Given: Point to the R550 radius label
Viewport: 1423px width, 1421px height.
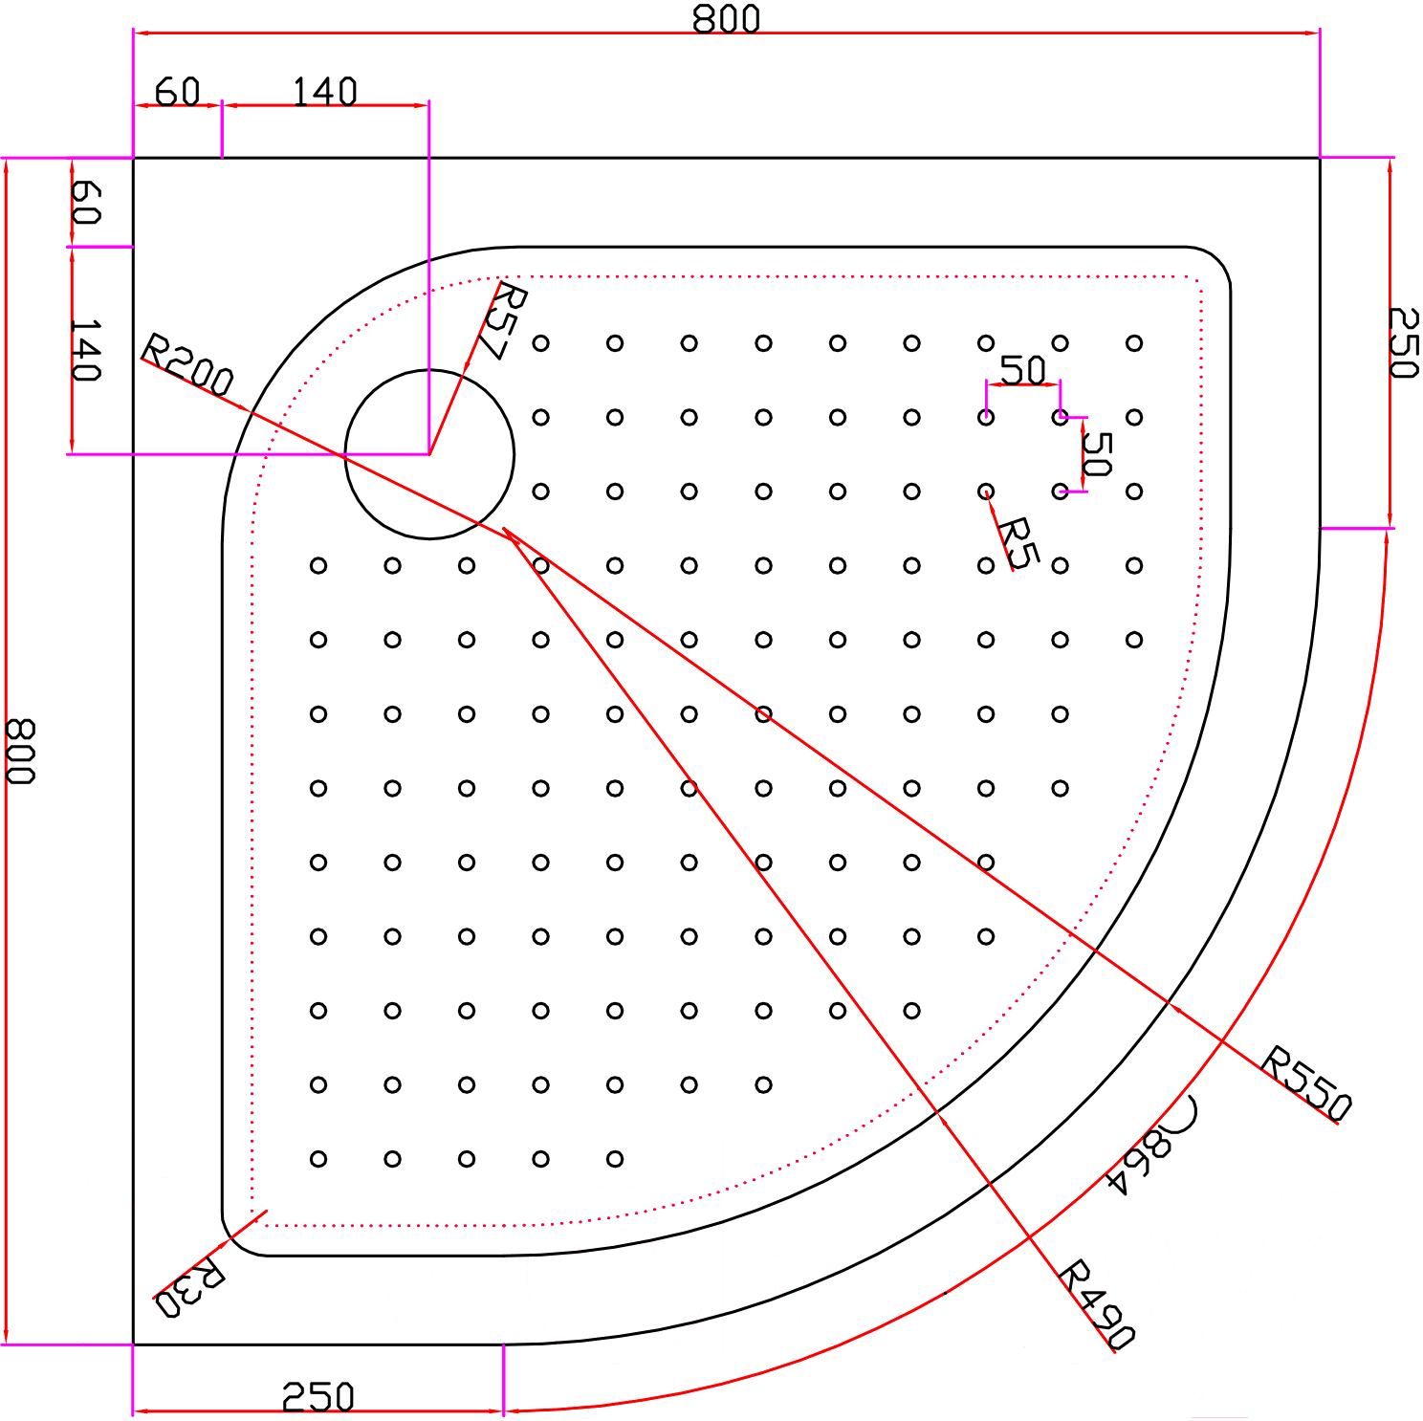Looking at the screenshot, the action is [1306, 1083].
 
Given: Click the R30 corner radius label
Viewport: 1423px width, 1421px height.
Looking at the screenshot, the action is [190, 1288].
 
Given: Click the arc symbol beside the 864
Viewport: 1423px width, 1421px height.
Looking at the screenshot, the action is [1186, 1112].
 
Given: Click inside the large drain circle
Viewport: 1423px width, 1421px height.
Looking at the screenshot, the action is [429, 453].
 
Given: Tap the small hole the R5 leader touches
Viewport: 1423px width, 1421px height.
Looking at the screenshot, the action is [986, 492].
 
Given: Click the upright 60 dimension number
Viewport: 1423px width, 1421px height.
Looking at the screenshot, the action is [178, 92].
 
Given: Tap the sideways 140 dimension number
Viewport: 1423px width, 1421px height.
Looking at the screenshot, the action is [85, 350].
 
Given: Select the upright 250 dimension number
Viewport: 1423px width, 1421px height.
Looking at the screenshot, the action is [319, 1397].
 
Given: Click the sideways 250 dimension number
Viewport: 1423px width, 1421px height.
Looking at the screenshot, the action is [1403, 342].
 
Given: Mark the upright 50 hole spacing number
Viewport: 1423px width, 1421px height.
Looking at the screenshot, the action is [1023, 369].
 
